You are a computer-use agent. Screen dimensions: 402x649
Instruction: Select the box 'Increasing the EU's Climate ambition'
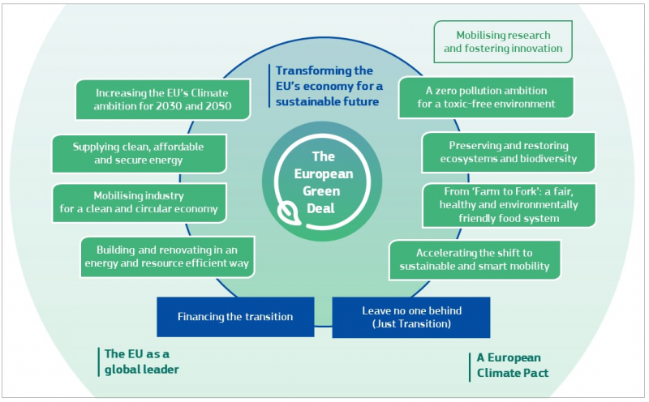coord(162,99)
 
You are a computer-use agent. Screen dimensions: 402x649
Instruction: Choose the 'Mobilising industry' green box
coord(138,203)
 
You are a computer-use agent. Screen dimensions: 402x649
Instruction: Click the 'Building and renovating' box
coord(169,257)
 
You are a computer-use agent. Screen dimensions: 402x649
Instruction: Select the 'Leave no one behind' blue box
coord(410,317)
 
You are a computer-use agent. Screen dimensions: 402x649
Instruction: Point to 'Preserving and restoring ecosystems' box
coord(508,152)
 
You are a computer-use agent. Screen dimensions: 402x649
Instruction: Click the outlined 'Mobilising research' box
coord(502,42)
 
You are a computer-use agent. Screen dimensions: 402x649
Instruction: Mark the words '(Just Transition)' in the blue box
coord(410,324)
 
